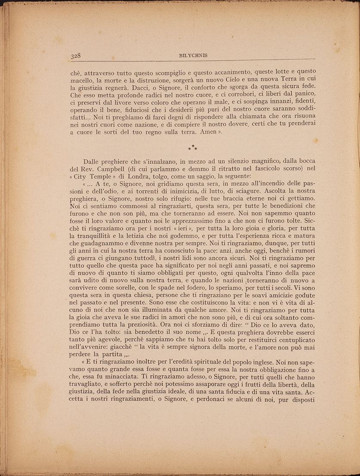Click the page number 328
(x=76, y=55)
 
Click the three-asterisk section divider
(x=193, y=148)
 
